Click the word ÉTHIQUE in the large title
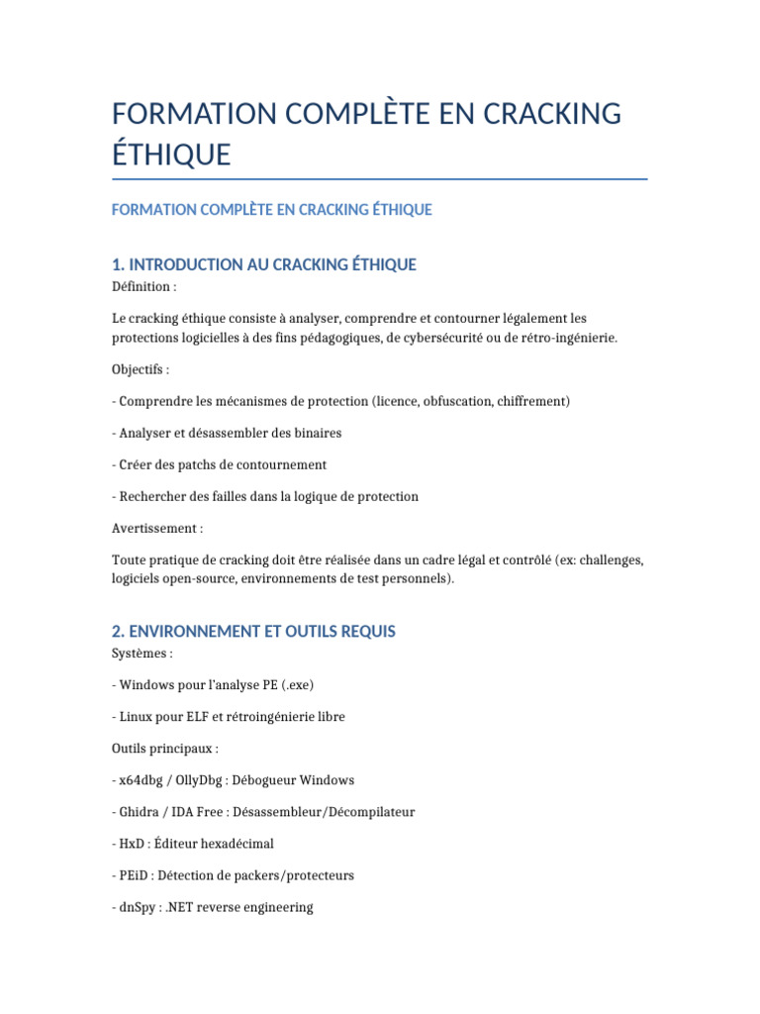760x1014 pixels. (x=171, y=155)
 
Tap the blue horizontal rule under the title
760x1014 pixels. (x=380, y=179)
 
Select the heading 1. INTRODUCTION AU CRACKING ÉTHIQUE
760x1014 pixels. (x=264, y=264)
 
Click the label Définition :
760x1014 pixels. (x=144, y=287)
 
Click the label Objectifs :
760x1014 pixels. (x=141, y=369)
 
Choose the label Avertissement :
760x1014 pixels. (x=157, y=529)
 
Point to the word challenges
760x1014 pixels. (x=611, y=560)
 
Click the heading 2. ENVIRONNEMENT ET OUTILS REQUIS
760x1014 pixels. (x=254, y=632)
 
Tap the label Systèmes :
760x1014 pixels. (x=142, y=654)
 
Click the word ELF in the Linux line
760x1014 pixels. (x=197, y=717)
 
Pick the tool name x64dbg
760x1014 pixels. (x=141, y=780)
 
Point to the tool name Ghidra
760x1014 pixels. (x=140, y=812)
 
